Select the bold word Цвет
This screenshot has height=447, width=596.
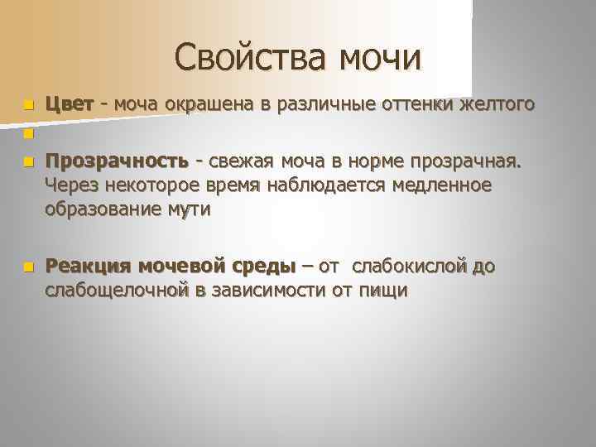(69, 105)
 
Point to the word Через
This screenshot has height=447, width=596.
(72, 185)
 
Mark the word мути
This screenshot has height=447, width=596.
(192, 209)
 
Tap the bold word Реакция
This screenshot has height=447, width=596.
(89, 266)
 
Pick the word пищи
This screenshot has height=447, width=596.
(383, 291)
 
